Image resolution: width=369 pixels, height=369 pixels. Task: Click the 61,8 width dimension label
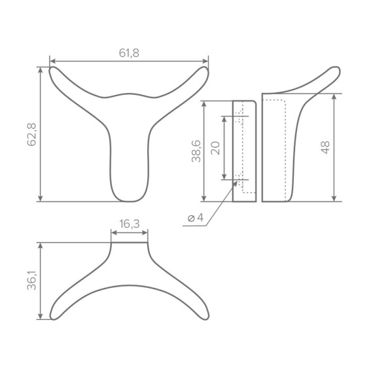(x=129, y=53)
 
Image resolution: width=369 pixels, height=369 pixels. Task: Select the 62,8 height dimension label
(x=32, y=134)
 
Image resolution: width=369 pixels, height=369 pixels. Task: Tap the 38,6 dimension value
(x=196, y=151)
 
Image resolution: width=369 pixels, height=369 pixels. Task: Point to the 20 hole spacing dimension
(x=215, y=148)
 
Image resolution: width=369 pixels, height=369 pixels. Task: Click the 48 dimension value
(x=325, y=148)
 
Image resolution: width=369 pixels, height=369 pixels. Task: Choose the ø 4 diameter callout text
(x=196, y=218)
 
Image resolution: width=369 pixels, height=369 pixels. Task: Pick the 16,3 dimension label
(x=130, y=224)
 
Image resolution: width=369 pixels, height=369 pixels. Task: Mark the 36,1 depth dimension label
(x=32, y=280)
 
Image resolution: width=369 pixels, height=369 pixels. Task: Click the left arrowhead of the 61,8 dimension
(x=53, y=61)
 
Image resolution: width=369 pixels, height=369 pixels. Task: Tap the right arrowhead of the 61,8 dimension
(x=205, y=61)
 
